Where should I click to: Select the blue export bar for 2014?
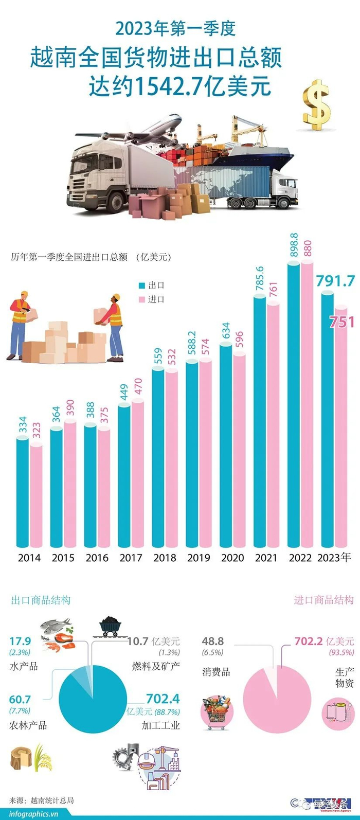[x=22, y=494]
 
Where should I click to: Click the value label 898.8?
[x=294, y=246]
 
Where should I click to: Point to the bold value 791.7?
[x=335, y=281]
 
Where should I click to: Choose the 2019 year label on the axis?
[x=199, y=558]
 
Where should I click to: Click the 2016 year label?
[x=97, y=558]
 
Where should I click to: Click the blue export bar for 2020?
[x=226, y=448]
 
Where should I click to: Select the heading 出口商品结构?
[x=41, y=600]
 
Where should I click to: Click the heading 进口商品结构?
[x=323, y=600]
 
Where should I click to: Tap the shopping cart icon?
[x=216, y=712]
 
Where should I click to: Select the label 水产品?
[x=24, y=666]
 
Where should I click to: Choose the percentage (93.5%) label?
[x=341, y=652]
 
